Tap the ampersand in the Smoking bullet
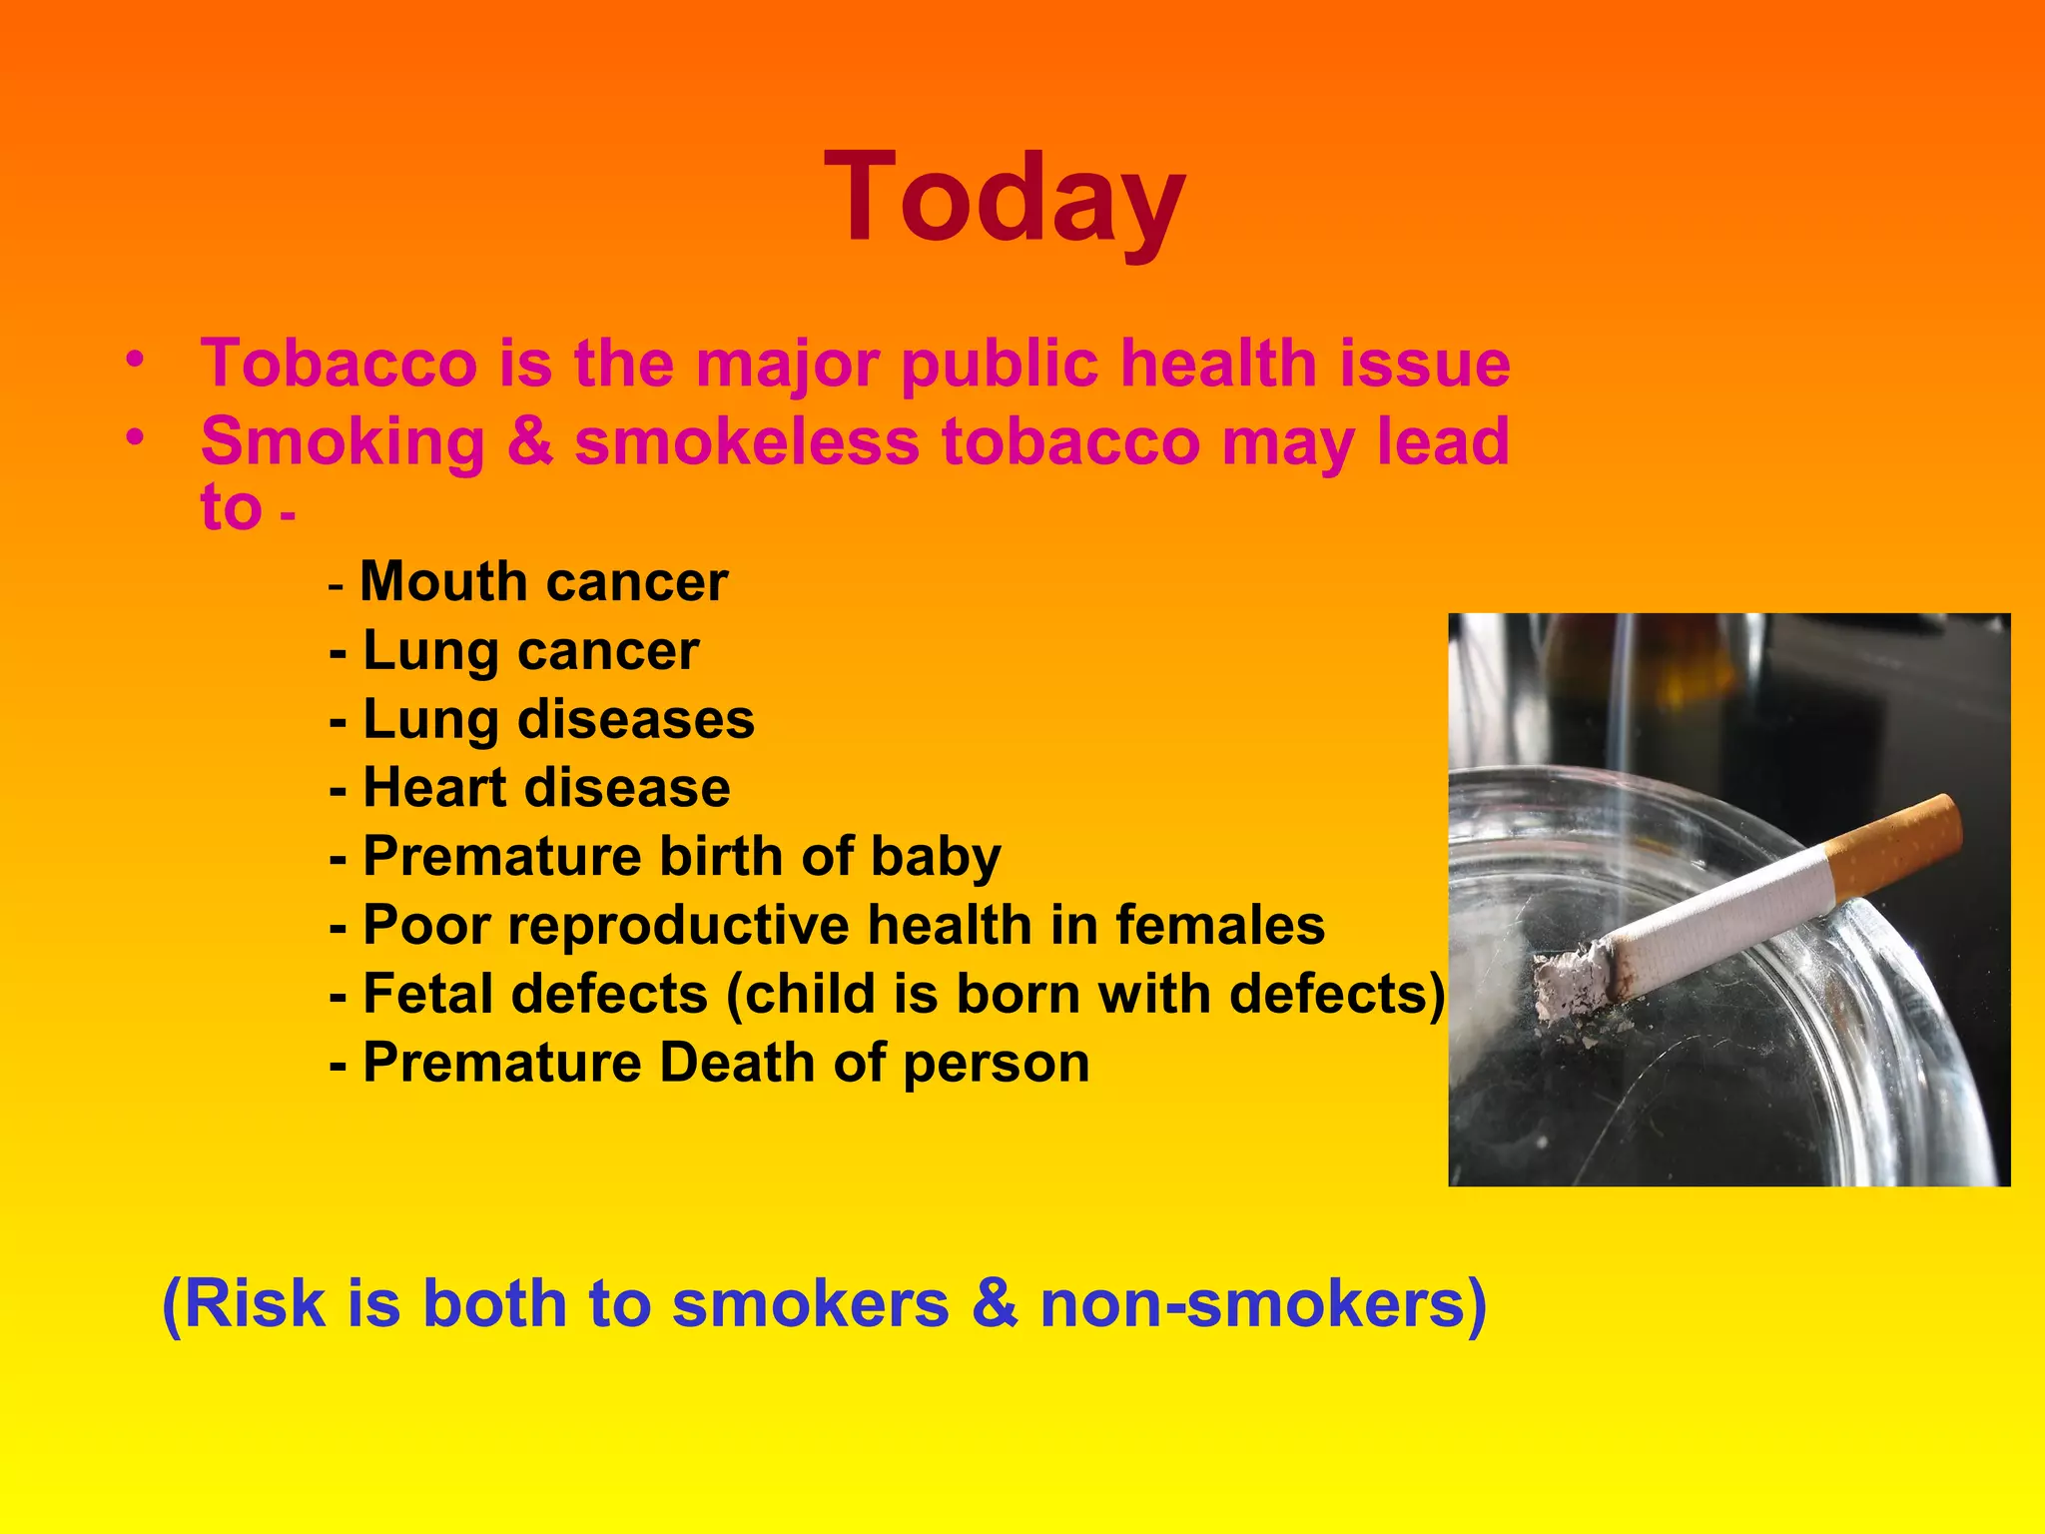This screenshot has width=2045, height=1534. [x=529, y=442]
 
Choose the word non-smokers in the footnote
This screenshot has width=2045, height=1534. [x=1263, y=1304]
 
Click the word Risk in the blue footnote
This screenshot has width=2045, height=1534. [x=255, y=1304]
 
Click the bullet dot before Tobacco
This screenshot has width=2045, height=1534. [x=136, y=359]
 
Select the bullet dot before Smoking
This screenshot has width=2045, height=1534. [x=136, y=438]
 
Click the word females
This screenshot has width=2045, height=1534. [x=1219, y=926]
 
